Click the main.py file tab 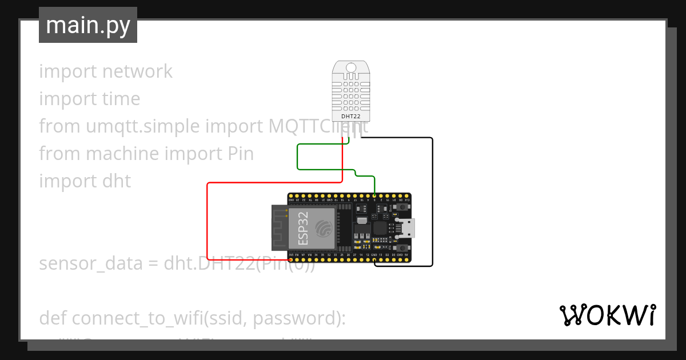coord(87,25)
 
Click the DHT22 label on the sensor coord(350,116)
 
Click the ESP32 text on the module coord(304,225)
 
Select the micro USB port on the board coord(407,229)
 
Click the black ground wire coord(432,200)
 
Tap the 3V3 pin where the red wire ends coord(292,261)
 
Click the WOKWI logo coord(607,315)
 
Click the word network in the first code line coord(137,71)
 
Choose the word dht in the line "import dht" coord(117,181)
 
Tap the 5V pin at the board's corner coord(406,261)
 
